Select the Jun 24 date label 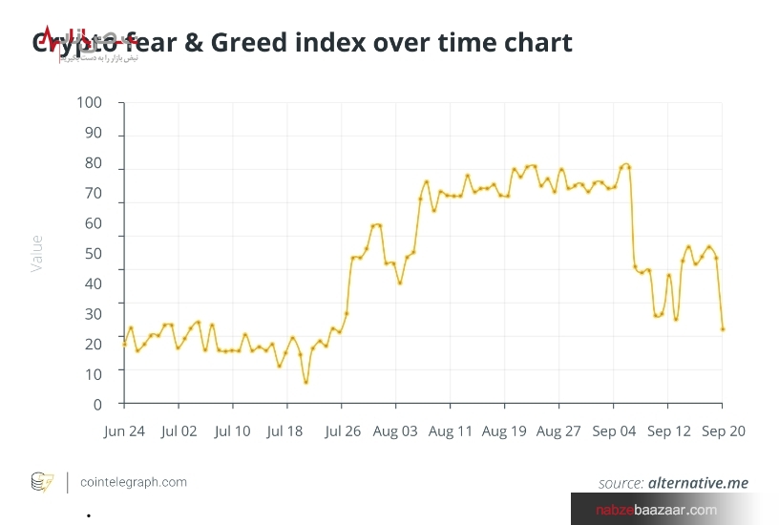[x=124, y=431]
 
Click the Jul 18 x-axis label [x=285, y=431]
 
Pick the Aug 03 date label [x=395, y=431]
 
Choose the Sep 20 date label [x=724, y=431]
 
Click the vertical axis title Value [x=37, y=253]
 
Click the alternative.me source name [x=698, y=483]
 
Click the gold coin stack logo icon [x=43, y=482]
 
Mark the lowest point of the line [x=305, y=383]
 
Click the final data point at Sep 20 [x=723, y=329]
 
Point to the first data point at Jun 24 [x=124, y=344]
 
